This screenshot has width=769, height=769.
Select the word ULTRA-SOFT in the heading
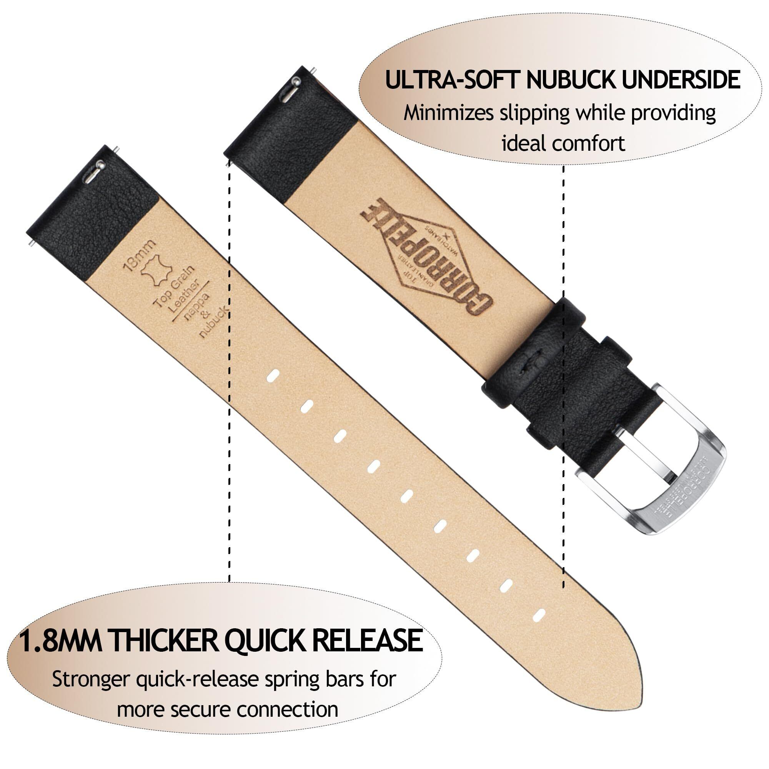coord(452,80)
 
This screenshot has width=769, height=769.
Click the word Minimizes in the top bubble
coord(449,113)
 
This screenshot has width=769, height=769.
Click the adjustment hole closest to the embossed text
coord(273,375)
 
